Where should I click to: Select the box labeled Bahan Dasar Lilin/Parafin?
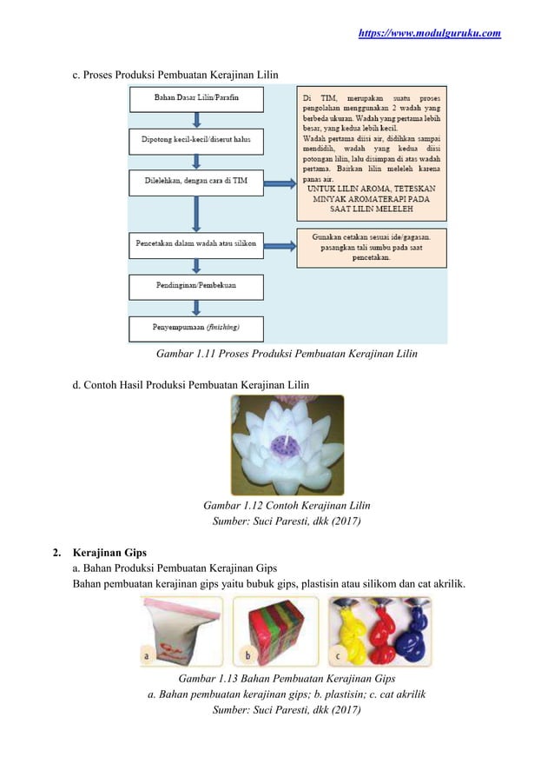pyautogui.click(x=196, y=98)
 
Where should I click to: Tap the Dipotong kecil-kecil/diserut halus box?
pyautogui.click(x=196, y=139)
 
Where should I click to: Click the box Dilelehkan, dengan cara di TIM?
pyautogui.click(x=196, y=182)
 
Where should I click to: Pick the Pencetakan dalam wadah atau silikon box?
pyautogui.click(x=196, y=246)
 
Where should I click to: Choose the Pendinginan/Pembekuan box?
pyautogui.click(x=196, y=287)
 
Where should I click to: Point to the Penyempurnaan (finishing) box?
pyautogui.click(x=196, y=328)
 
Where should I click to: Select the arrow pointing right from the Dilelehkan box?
pyautogui.click(x=279, y=183)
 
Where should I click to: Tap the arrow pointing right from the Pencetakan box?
pyautogui.click(x=279, y=247)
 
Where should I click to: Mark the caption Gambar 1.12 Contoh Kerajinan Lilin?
pyautogui.click(x=287, y=506)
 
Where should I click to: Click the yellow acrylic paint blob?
pyautogui.click(x=351, y=630)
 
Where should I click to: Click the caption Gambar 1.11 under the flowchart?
pyautogui.click(x=287, y=354)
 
